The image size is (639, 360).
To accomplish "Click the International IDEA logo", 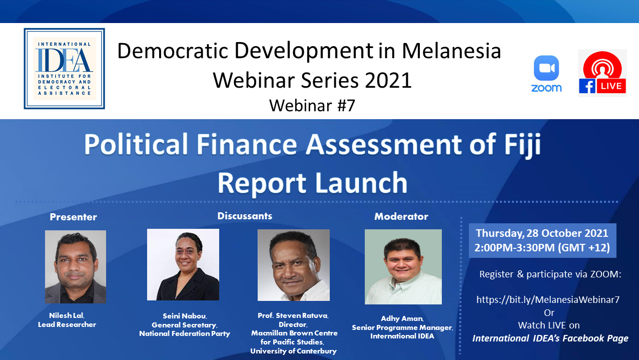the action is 64,69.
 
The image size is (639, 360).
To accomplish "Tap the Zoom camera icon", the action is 546,68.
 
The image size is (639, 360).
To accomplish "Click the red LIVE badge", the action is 611,86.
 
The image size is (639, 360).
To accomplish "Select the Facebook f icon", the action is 587,86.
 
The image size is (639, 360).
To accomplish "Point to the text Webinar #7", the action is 312,105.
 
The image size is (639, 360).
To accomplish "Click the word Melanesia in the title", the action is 451,51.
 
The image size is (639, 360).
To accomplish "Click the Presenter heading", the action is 74,217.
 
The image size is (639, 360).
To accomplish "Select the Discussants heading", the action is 245,216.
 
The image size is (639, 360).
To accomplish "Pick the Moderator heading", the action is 401,216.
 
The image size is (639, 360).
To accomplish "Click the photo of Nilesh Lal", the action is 76,267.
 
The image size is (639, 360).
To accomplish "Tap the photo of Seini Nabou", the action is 183,265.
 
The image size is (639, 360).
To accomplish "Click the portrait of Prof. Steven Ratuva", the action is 294,265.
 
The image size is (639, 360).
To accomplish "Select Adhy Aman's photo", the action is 403,267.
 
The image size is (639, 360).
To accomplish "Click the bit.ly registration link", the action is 548,299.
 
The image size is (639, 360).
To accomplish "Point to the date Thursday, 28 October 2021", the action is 542,233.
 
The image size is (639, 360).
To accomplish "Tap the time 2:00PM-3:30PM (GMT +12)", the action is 542,247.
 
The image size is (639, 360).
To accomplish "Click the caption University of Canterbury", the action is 294,351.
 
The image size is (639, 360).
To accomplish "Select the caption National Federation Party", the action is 185,333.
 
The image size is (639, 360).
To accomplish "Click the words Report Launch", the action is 313,183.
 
